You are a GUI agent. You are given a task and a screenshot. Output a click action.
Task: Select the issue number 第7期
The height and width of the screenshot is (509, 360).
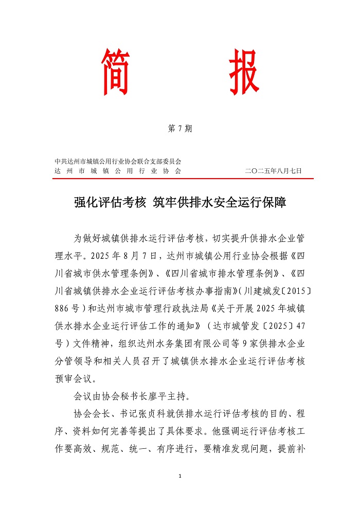coord(180,129)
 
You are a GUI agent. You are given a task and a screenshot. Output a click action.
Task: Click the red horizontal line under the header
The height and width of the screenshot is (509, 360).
coord(183,179)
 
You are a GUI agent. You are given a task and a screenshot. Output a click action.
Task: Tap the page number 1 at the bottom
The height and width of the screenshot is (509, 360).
coord(181,476)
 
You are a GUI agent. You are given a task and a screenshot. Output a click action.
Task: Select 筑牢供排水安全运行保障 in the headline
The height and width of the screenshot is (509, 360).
coord(220,203)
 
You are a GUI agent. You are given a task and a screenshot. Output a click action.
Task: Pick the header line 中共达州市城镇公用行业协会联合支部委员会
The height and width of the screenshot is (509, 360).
coord(118,162)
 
